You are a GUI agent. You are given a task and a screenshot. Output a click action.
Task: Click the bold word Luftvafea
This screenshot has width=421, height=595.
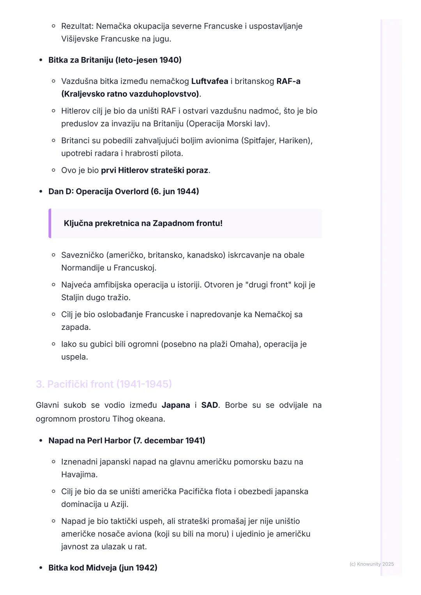pos(209,81)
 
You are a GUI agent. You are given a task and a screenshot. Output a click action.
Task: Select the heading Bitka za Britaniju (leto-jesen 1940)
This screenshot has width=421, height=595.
pos(115,60)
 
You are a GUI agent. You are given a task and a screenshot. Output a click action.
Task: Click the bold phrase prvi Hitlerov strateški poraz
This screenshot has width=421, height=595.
pos(154,171)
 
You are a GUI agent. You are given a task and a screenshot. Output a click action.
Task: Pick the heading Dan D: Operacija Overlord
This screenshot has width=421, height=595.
pos(124,192)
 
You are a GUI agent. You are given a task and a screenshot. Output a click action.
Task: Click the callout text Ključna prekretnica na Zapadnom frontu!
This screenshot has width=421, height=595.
pos(143,224)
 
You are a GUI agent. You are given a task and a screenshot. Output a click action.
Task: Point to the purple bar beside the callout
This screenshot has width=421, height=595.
pos(50,224)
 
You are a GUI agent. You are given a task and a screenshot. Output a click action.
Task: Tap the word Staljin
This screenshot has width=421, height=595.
pos(74,297)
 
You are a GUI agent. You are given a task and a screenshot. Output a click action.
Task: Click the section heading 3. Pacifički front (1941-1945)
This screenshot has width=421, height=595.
pos(104,384)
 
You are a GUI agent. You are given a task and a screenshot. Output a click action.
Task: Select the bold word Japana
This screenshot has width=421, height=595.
pos(175,405)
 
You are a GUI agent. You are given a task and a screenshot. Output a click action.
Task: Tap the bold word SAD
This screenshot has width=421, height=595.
pos(209,405)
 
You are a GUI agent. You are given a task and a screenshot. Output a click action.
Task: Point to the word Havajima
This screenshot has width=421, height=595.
pos(79,475)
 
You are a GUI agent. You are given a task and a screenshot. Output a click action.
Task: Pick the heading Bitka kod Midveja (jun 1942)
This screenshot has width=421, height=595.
pos(103,568)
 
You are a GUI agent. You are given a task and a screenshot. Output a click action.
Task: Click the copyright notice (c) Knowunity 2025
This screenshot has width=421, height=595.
pos(371,564)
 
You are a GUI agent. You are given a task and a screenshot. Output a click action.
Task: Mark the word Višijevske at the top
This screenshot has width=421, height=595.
pos(80,39)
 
